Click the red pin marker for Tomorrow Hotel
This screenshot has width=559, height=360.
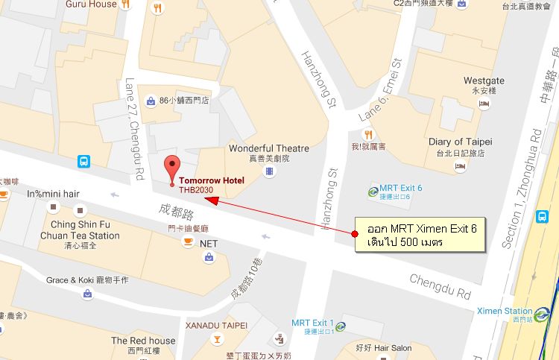point(172,168)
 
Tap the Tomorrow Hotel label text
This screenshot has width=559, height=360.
point(212,180)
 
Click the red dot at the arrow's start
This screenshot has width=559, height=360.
point(355,234)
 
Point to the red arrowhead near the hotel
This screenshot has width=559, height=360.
point(210,199)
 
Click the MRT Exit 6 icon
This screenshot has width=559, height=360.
point(373,192)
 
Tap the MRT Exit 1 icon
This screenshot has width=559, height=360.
point(340,326)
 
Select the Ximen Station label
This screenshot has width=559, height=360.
point(505,311)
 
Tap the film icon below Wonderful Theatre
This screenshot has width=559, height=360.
point(268,171)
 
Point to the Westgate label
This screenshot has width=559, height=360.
point(484,80)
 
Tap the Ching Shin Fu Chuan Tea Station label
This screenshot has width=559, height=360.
point(85,230)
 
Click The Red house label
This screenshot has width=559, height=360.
point(143,341)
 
